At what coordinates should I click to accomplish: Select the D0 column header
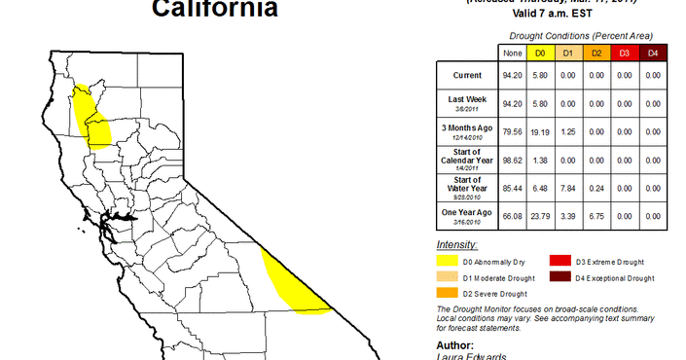click(540, 53)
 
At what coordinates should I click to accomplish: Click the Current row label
click(466, 75)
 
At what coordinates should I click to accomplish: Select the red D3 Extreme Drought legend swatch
click(560, 262)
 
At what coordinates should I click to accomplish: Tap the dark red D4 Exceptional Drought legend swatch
click(560, 277)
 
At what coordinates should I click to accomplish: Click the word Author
click(455, 344)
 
